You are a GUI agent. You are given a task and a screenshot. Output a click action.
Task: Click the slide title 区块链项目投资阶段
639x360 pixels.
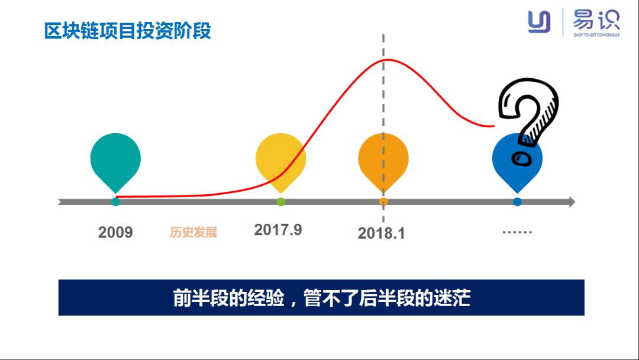(x=128, y=30)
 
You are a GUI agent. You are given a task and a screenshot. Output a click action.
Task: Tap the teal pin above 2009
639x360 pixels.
(x=115, y=157)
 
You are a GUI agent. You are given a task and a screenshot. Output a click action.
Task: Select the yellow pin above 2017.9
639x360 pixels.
(x=280, y=157)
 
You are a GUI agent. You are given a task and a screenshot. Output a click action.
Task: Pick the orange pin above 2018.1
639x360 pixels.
(x=383, y=157)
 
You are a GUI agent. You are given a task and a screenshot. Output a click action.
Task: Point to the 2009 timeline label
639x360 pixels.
(x=115, y=232)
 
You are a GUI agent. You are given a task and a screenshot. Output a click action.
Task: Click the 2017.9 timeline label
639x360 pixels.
(x=278, y=230)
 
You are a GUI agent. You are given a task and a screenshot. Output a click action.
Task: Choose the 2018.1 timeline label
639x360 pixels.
(x=382, y=233)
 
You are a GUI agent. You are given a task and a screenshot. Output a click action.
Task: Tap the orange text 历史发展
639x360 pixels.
(x=193, y=232)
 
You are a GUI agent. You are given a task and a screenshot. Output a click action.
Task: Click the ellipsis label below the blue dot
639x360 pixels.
(x=517, y=232)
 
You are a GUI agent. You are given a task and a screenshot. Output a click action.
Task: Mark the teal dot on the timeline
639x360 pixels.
(x=115, y=202)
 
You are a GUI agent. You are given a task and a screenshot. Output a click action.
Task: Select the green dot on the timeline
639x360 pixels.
(x=281, y=202)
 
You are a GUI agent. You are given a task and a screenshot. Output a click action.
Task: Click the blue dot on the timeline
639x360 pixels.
(x=518, y=202)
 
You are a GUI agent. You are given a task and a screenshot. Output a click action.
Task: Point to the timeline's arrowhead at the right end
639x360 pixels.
(x=571, y=202)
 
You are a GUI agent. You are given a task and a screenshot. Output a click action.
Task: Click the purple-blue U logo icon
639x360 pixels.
(x=539, y=22)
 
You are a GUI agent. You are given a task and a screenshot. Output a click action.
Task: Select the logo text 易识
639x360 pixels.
(x=596, y=20)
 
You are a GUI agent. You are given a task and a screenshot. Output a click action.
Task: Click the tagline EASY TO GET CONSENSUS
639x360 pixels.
(x=596, y=35)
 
